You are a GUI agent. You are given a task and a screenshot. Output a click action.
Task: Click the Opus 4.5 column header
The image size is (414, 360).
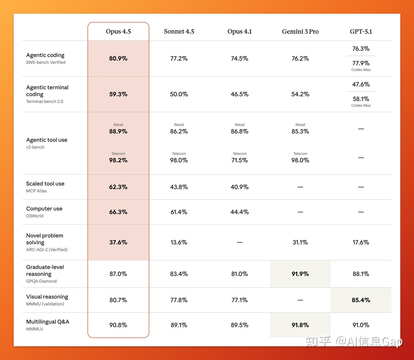pyautogui.click(x=118, y=31)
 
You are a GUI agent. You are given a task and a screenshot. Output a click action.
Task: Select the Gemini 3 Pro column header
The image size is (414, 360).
pyautogui.click(x=300, y=31)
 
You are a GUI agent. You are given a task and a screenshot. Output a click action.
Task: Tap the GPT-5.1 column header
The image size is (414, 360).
pyautogui.click(x=361, y=31)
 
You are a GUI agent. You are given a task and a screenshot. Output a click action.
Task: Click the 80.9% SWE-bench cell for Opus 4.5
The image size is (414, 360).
pyautogui.click(x=118, y=58)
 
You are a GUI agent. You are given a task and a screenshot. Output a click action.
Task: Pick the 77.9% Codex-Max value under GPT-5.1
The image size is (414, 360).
pyautogui.click(x=361, y=63)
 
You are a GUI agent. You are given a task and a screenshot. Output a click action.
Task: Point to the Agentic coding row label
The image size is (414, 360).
pyautogui.click(x=45, y=55)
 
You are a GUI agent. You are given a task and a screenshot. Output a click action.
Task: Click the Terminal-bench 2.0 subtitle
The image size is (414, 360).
pyautogui.click(x=45, y=102)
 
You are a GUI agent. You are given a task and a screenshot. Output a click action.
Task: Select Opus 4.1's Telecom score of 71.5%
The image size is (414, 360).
pyautogui.click(x=239, y=160)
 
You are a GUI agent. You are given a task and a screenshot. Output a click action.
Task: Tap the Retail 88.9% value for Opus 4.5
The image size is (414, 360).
pyautogui.click(x=118, y=131)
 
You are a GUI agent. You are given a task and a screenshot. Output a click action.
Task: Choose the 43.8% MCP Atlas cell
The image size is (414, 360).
pyautogui.click(x=179, y=187)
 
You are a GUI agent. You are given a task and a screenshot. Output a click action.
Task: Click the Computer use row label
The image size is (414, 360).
pyautogui.click(x=44, y=208)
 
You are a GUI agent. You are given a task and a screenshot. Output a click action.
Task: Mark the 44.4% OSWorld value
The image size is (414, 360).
pyautogui.click(x=239, y=212)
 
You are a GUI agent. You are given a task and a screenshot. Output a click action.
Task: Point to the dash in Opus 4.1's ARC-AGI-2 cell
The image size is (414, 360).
pyautogui.click(x=239, y=242)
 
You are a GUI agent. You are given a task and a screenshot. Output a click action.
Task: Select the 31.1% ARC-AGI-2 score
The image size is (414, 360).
pyautogui.click(x=300, y=242)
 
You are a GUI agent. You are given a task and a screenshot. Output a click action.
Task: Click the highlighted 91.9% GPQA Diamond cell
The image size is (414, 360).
pyautogui.click(x=300, y=274)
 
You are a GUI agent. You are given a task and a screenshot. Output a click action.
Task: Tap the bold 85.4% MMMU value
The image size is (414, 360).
pyautogui.click(x=361, y=300)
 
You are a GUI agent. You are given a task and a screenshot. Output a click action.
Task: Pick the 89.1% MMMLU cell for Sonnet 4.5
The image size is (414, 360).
pyautogui.click(x=179, y=325)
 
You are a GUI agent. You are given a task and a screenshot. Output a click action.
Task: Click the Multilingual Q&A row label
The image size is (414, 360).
pyautogui.click(x=48, y=321)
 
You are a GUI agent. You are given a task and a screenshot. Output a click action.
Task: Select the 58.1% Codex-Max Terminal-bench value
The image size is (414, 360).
pyautogui.click(x=361, y=99)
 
